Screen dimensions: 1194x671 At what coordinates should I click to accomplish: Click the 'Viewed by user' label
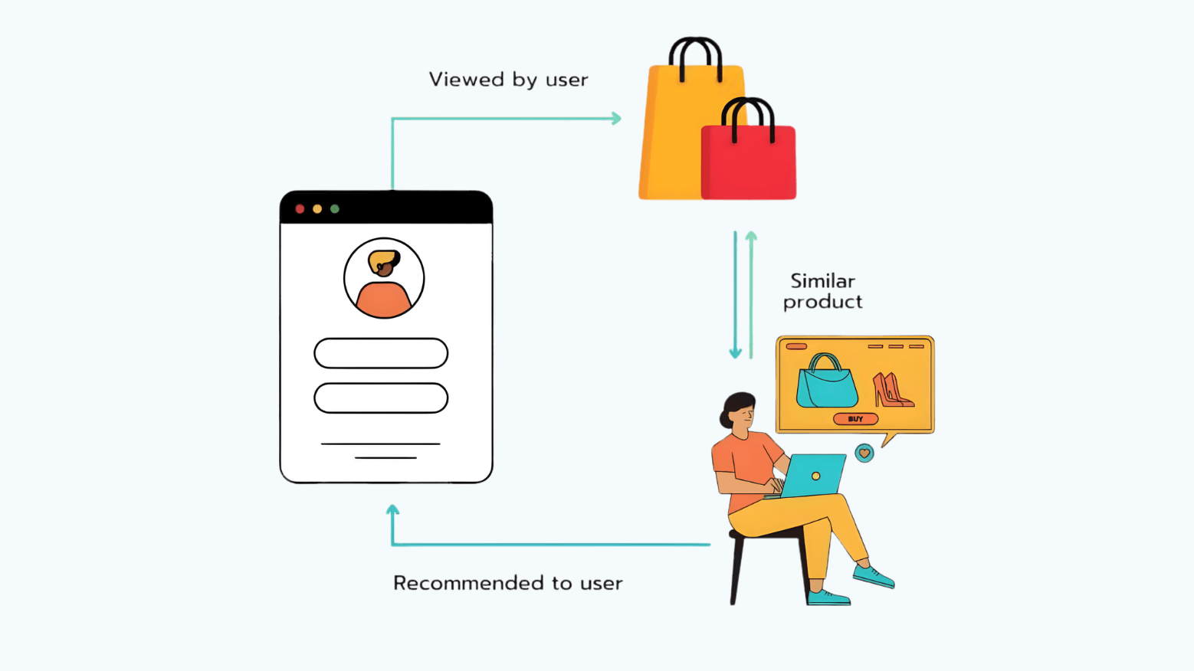(508, 80)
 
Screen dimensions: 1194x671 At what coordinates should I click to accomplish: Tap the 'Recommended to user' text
(507, 583)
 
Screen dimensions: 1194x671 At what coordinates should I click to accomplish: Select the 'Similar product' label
(822, 292)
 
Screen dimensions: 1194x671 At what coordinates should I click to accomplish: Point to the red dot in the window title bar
(300, 209)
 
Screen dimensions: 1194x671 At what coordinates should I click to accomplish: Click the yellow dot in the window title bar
(317, 209)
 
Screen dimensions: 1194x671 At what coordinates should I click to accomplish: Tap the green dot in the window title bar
(335, 209)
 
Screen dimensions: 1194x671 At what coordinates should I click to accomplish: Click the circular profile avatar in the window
(384, 278)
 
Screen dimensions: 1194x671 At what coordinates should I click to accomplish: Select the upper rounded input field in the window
(381, 353)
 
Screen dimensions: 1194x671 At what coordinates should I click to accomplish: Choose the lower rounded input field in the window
(381, 398)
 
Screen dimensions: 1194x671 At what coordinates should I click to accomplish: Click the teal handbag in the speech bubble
(826, 383)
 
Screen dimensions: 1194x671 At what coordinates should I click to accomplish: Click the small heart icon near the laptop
(864, 453)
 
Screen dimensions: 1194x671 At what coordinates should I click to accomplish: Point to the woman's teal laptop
(815, 475)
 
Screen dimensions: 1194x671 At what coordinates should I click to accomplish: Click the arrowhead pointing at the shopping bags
(616, 119)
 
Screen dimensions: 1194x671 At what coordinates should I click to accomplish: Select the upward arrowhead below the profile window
(392, 510)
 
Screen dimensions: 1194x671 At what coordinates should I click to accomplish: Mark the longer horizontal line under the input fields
(380, 444)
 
